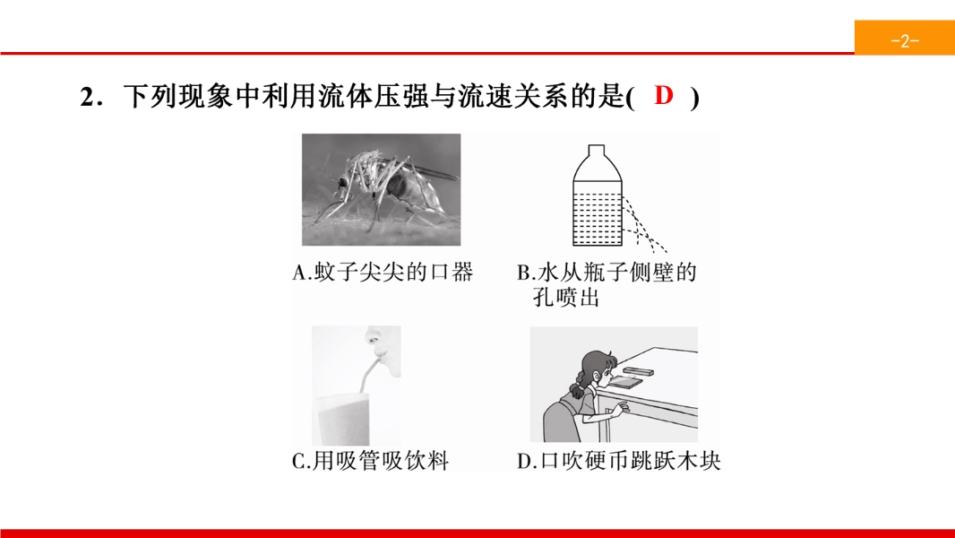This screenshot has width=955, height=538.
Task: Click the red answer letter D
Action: (x=663, y=95)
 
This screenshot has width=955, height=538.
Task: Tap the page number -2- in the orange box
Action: (x=905, y=41)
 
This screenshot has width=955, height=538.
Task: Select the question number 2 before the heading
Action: (x=87, y=98)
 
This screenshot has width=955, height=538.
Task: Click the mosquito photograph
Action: (x=382, y=189)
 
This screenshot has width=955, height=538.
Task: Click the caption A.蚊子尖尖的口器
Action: (x=383, y=273)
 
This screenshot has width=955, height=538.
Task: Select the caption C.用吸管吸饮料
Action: (x=370, y=461)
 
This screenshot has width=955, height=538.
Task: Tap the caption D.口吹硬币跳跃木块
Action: (x=619, y=461)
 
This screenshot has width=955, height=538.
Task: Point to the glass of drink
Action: (x=341, y=419)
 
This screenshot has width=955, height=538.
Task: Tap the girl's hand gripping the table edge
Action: (x=615, y=411)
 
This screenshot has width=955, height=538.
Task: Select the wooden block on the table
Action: (x=638, y=370)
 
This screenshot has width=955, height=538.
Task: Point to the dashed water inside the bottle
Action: (x=598, y=218)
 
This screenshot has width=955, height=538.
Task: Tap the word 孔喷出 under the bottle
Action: (x=566, y=298)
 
